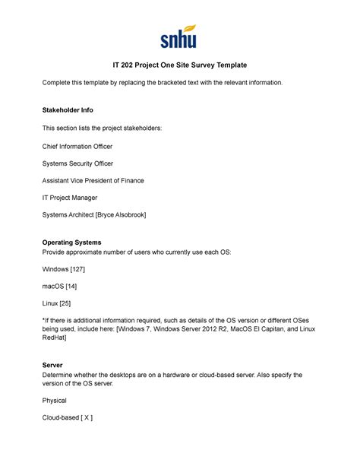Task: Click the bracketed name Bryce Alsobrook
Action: click(x=121, y=215)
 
